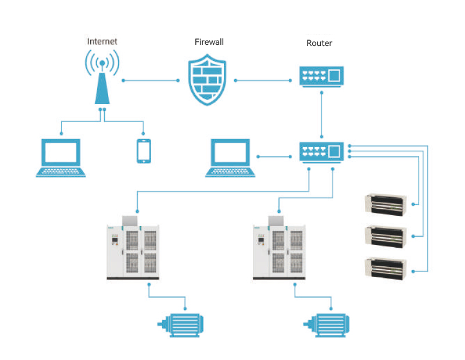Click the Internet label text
pos(102,41)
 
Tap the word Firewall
pos(209,42)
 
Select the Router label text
pos(319,44)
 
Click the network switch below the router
pos(322,152)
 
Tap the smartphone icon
pos(144,151)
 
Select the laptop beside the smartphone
pos(61,157)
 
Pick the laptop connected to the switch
pos(231,157)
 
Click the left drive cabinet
pos(133,249)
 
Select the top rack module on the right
pos(385,204)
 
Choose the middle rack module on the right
pos(385,236)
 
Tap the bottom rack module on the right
pos(385,268)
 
